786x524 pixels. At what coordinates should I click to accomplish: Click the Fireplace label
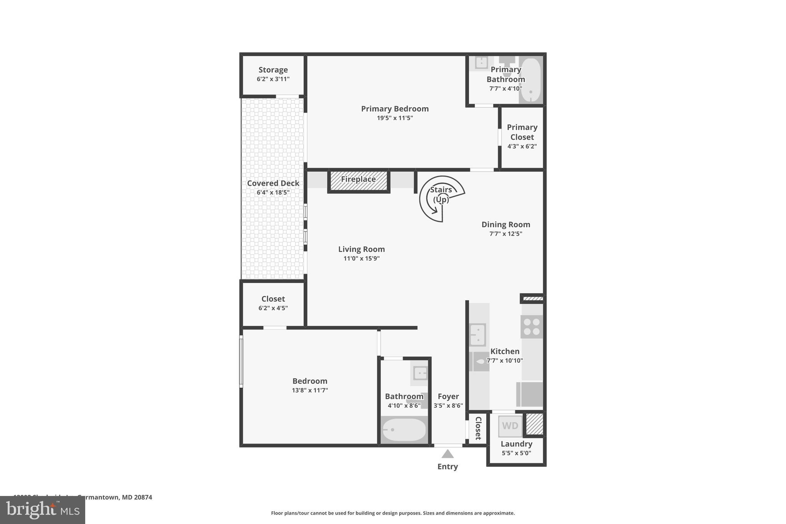pos(358,179)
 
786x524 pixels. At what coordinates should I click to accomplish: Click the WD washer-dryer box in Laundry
pos(510,426)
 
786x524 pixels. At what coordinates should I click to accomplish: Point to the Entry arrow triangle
pos(447,454)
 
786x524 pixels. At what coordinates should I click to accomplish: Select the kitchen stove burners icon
pos(532,327)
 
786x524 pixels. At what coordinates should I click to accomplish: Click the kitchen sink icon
pos(478,334)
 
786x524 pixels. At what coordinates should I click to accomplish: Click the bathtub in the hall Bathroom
pos(404,430)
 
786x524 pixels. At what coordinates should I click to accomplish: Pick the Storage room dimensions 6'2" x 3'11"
pos(273,79)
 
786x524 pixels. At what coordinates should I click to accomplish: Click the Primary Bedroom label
pos(395,109)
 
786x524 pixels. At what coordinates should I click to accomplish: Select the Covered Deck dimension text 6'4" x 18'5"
pos(273,192)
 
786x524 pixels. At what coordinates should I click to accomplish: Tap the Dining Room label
pos(505,225)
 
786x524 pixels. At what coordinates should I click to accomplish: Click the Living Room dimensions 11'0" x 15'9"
pos(361,258)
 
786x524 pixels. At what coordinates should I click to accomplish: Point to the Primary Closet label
pos(522,132)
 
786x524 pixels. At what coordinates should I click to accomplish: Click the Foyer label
pos(448,396)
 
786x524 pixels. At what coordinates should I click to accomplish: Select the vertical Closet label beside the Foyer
pos(478,428)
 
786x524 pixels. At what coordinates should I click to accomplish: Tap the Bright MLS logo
pos(42,510)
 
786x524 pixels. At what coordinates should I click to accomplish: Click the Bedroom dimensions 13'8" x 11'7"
pos(310,390)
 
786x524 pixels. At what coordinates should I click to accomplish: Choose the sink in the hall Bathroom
pos(420,373)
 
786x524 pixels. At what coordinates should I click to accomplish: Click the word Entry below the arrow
pos(447,466)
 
